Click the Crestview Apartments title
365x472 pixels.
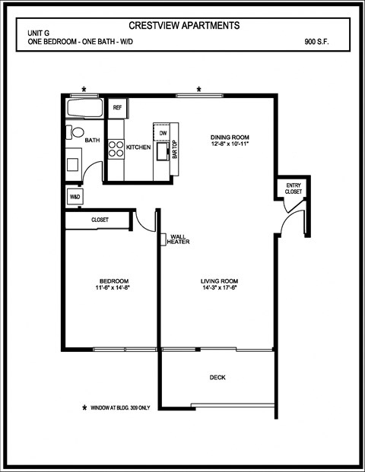184,26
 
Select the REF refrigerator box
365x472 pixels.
117,108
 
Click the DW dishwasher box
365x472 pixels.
163,133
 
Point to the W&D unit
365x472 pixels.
75,197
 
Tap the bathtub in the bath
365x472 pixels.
85,108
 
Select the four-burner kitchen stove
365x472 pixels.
116,147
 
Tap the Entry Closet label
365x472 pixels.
294,188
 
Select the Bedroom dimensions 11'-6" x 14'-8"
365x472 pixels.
111,288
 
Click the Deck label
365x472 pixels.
217,378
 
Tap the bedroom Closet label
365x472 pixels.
100,220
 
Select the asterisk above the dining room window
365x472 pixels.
198,90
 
